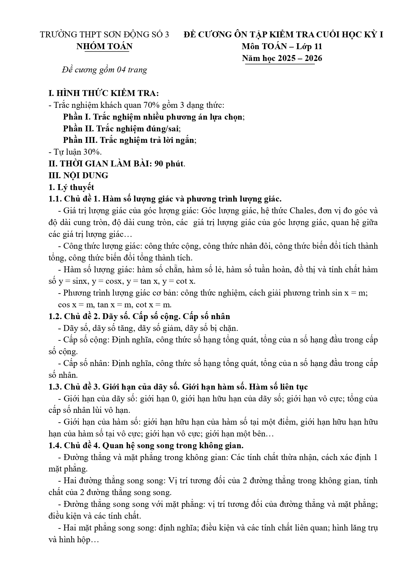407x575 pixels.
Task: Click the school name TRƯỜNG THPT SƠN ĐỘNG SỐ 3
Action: [104, 35]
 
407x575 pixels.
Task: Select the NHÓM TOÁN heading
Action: [104, 47]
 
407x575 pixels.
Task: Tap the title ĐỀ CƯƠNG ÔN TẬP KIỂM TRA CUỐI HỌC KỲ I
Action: [283, 35]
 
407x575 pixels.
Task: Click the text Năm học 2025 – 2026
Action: [282, 58]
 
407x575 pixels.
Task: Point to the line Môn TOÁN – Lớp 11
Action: [282, 47]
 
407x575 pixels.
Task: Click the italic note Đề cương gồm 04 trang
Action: [104, 70]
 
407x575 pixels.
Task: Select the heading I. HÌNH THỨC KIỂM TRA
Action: [103, 93]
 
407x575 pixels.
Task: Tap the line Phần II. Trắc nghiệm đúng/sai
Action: [122, 129]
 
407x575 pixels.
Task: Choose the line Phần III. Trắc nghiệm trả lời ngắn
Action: [130, 140]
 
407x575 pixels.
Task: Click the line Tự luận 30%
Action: [75, 152]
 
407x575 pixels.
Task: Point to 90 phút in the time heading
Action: [170, 164]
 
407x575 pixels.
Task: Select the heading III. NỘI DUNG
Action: [78, 176]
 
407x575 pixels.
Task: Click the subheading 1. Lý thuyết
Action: [71, 187]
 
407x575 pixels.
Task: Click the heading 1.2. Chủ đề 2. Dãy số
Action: [139, 316]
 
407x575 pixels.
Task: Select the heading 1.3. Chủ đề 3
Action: [178, 387]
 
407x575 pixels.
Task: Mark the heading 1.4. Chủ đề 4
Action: [146, 446]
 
